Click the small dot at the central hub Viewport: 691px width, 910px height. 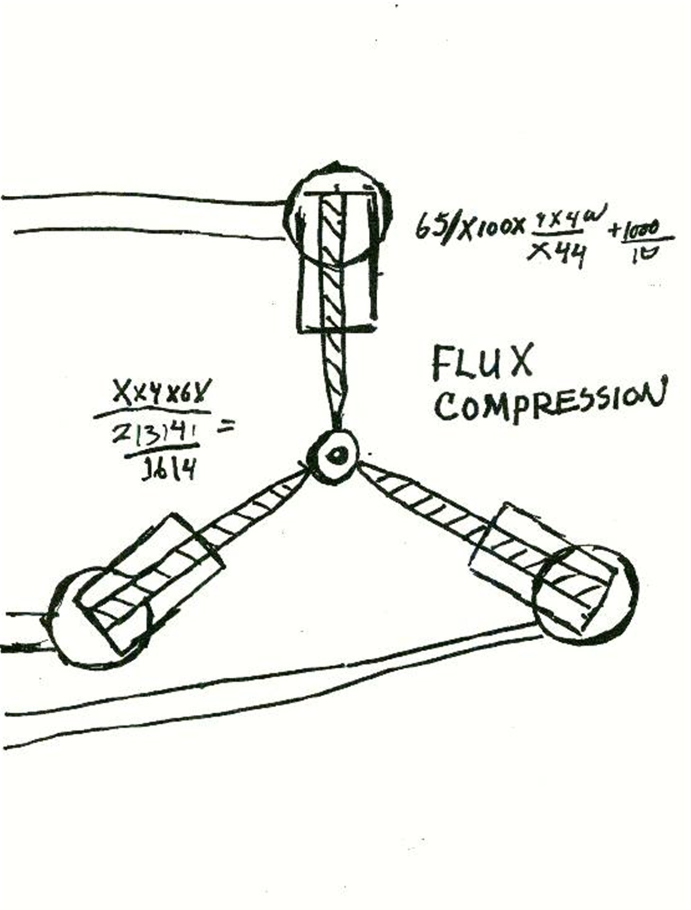(x=337, y=455)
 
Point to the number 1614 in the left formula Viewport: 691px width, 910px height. (x=168, y=471)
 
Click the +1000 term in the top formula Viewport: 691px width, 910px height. (x=637, y=231)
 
